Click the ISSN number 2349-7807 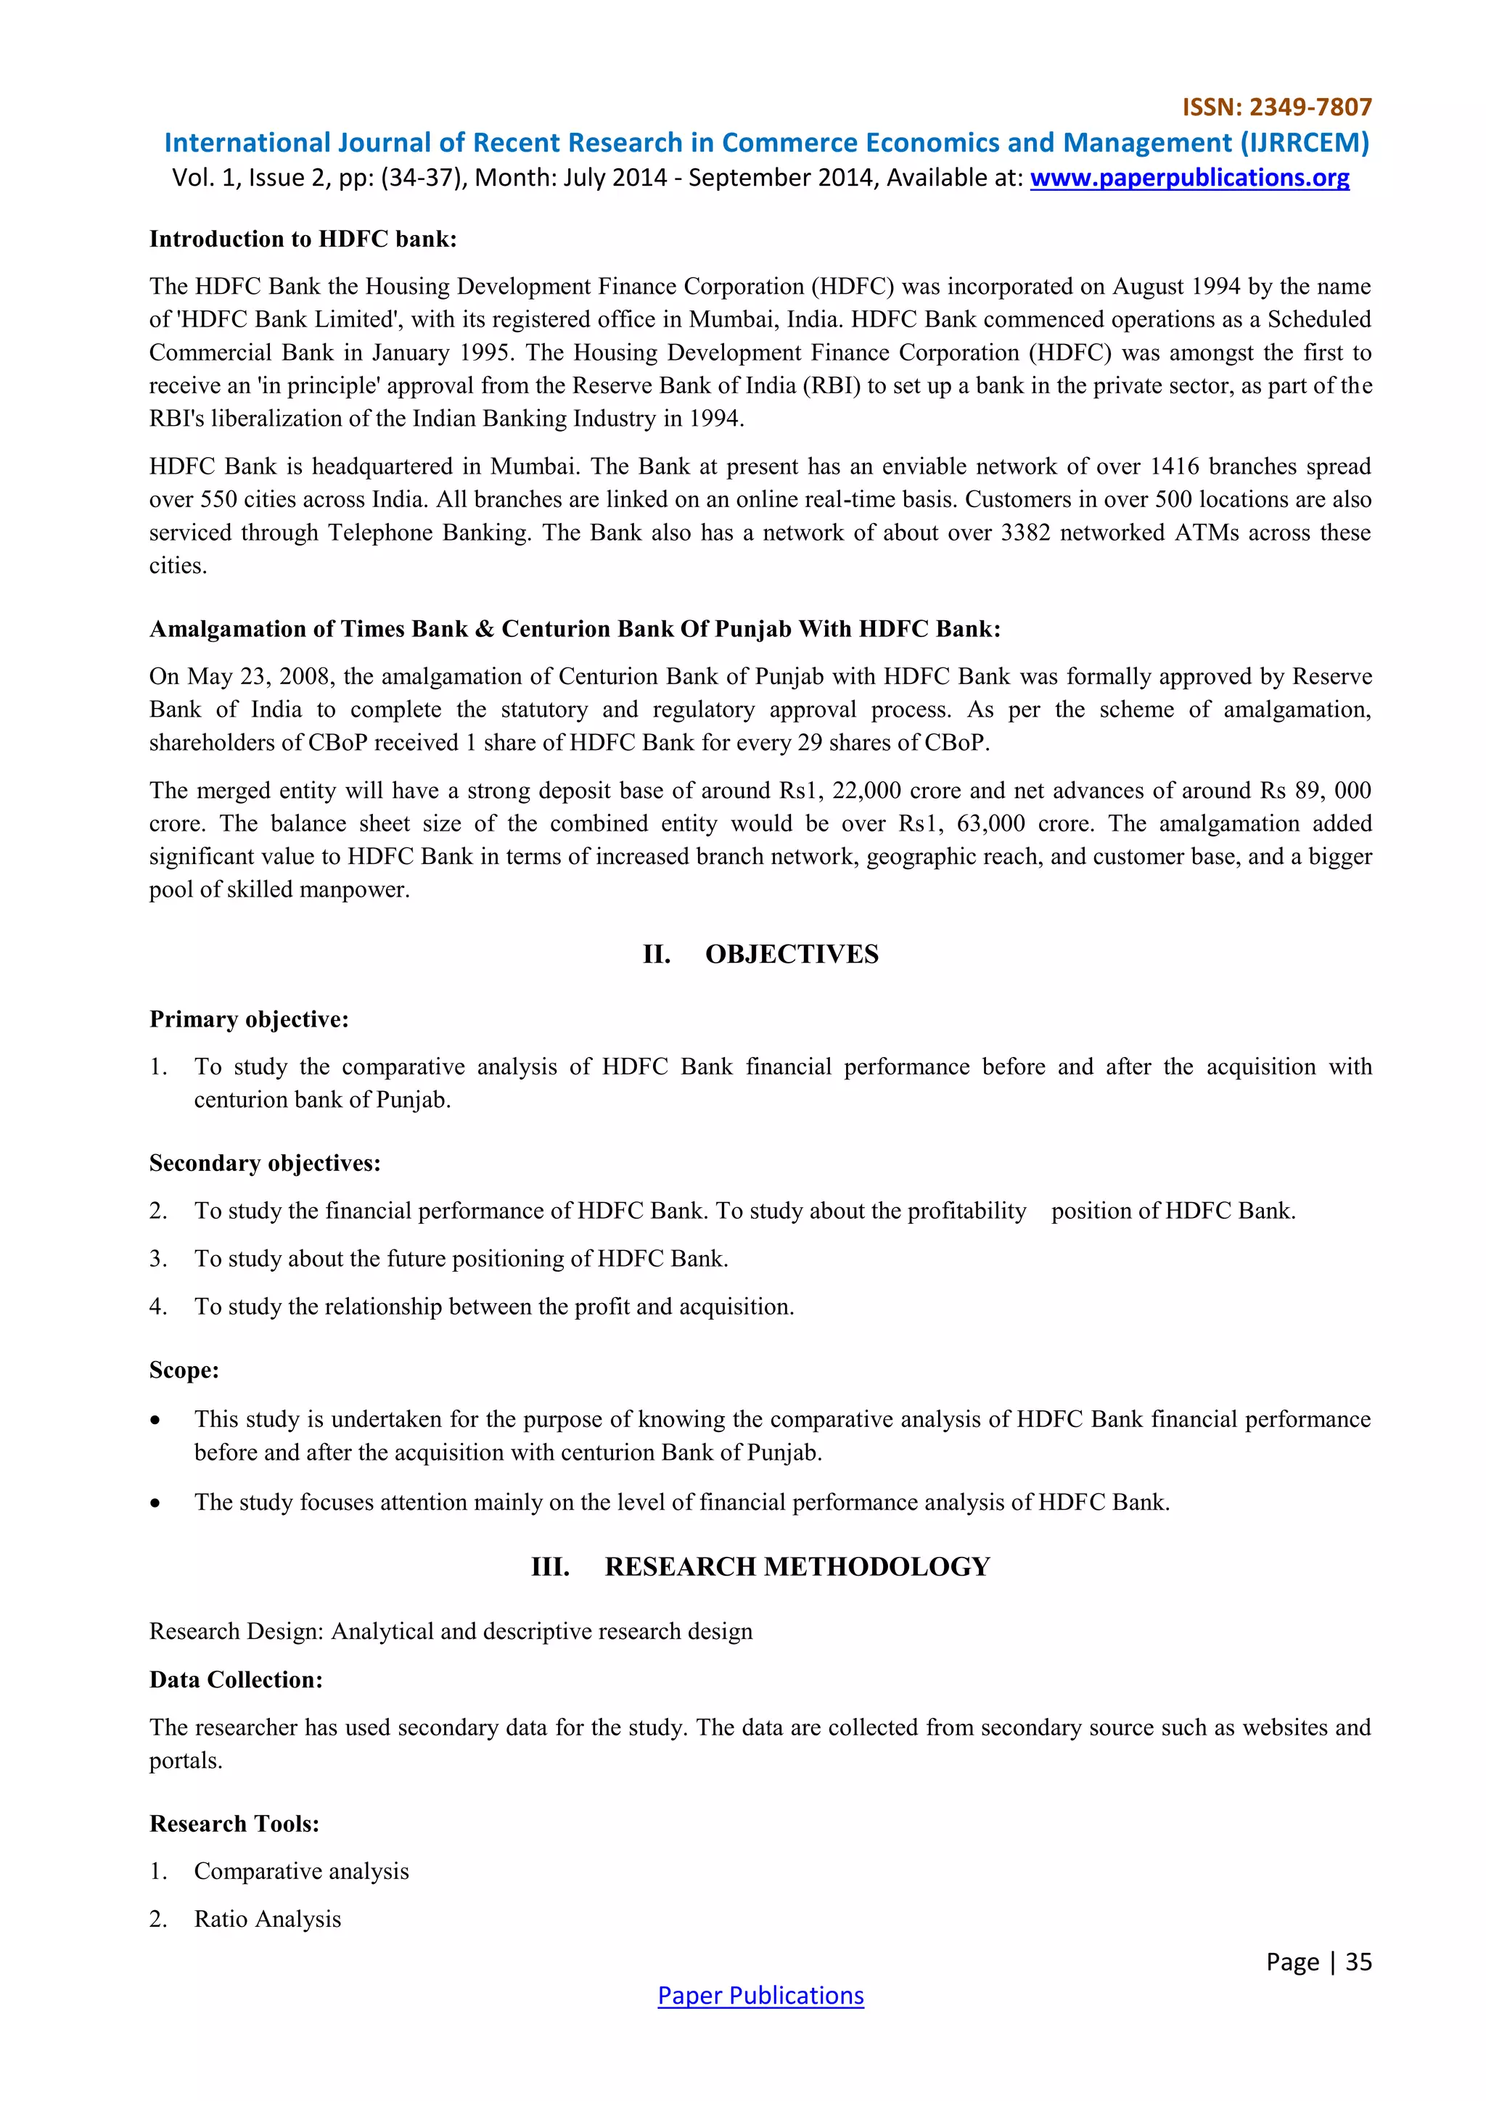1310,108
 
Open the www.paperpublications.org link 1189,178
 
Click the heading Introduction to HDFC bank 303,239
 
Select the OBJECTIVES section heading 791,955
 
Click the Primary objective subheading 249,1019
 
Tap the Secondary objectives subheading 264,1163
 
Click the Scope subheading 184,1370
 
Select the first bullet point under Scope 157,1420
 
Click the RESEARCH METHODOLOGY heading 796,1566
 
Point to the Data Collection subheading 236,1679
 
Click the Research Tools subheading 234,1824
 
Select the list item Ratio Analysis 267,1919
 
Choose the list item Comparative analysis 301,1871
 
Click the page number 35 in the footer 1358,1962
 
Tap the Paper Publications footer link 760,1996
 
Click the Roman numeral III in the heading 550,1566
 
